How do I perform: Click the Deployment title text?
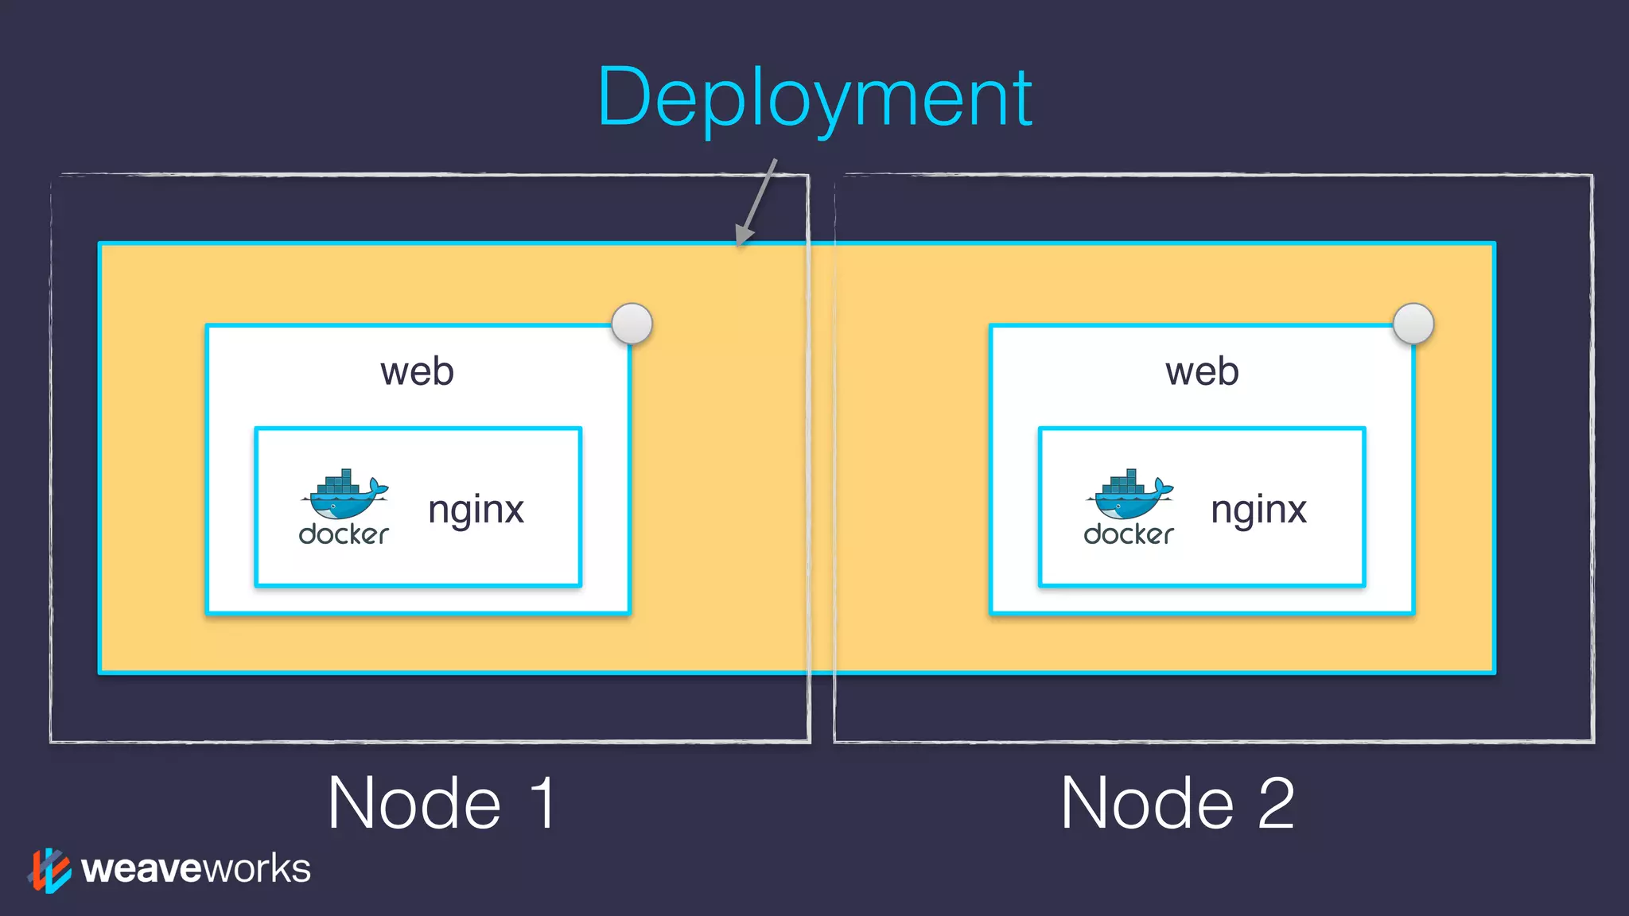(814, 99)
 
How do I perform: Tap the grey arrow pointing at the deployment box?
(756, 203)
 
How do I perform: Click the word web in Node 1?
(417, 372)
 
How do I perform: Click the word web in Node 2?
(1202, 372)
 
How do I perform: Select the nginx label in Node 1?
(476, 510)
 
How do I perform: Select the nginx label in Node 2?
(1258, 510)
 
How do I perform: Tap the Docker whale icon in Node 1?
(344, 496)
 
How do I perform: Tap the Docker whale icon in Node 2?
(1129, 496)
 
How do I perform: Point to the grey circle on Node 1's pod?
(632, 324)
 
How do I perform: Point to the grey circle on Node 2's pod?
(1413, 324)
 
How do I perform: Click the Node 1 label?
(441, 803)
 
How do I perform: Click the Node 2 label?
(1177, 803)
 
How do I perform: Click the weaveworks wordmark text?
(196, 868)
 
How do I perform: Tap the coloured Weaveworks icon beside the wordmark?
(49, 870)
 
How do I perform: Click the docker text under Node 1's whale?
(344, 534)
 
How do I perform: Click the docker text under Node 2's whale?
(1129, 534)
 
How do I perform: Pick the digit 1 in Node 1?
(543, 803)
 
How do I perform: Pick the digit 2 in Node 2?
(1276, 803)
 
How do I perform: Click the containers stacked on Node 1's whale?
(338, 482)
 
